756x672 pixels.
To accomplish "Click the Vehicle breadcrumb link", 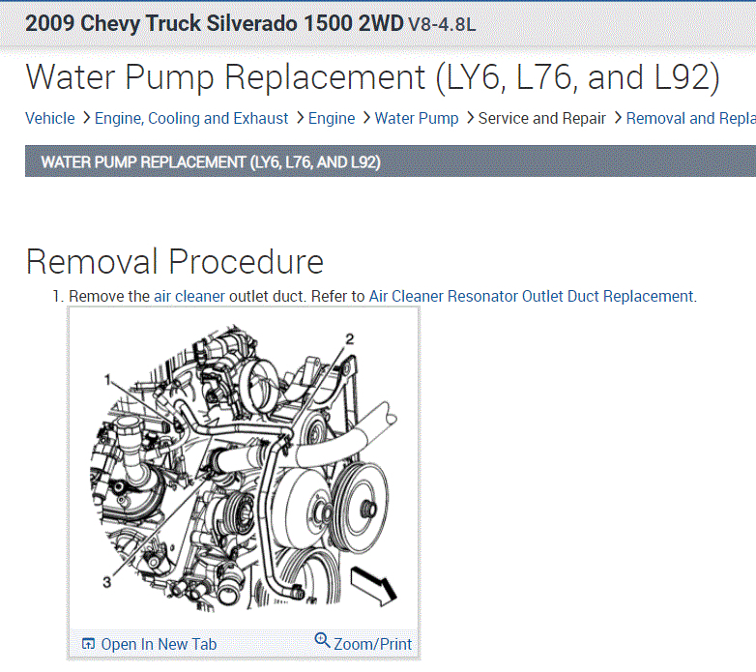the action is click(x=50, y=119).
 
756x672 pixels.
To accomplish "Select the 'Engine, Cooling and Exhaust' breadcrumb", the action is click(x=191, y=119).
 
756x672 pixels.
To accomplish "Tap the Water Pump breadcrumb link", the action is click(x=417, y=119).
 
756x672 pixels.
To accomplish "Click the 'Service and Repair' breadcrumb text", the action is click(x=542, y=119).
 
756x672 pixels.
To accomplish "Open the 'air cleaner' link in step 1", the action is click(x=189, y=296).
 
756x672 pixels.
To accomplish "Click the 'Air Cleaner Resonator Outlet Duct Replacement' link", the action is click(x=532, y=296).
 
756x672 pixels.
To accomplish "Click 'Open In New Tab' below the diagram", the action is click(x=159, y=644).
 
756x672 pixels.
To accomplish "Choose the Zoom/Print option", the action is click(x=373, y=644).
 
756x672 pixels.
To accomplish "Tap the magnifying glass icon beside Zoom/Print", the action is click(x=322, y=641).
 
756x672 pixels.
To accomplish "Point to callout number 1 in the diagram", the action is click(x=108, y=380).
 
